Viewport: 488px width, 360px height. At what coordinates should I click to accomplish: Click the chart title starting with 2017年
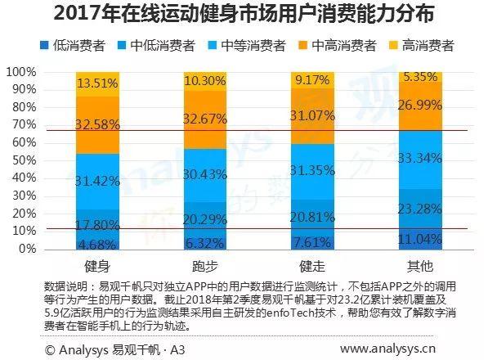(244, 14)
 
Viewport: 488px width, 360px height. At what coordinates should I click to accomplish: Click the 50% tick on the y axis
(24, 160)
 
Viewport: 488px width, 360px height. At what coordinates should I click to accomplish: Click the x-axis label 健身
(97, 267)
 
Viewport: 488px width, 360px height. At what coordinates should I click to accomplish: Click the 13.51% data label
(97, 83)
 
